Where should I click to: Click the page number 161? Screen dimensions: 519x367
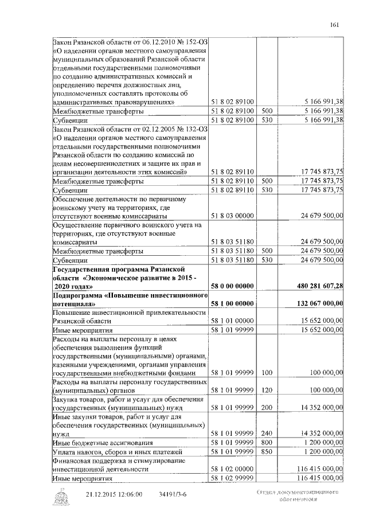335,24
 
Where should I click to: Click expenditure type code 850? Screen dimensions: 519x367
266,452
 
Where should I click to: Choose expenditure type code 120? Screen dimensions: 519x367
266,391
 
